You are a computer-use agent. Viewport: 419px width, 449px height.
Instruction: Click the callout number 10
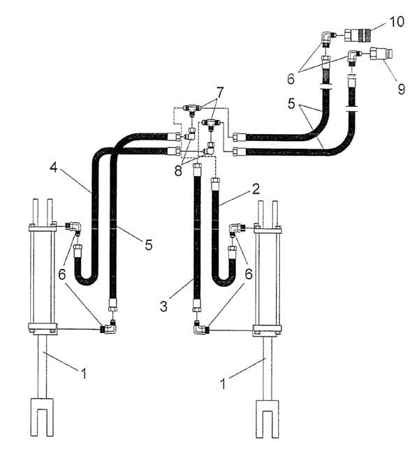coord(397,22)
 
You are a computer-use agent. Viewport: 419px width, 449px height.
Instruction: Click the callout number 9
coord(402,89)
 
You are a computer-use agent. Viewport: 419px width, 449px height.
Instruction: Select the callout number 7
coord(220,92)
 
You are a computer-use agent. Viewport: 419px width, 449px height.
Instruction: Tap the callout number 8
coord(178,171)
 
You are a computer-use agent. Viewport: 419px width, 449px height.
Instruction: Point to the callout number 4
coord(54,167)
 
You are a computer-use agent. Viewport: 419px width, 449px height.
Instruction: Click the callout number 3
coord(163,307)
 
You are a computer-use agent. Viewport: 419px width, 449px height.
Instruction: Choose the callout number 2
coord(256,189)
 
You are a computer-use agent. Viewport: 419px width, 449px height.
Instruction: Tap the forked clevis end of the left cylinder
coord(42,417)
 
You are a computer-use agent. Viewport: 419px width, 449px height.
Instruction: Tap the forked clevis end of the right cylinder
coord(267,419)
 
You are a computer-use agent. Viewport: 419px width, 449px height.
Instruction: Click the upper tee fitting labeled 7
coord(193,110)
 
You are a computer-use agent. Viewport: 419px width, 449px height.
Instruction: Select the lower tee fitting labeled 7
coord(211,124)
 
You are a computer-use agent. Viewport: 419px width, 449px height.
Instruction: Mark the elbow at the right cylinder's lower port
coord(200,328)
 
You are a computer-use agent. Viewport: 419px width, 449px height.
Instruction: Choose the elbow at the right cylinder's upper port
coord(237,229)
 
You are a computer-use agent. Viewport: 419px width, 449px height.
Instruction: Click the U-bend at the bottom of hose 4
coord(87,279)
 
